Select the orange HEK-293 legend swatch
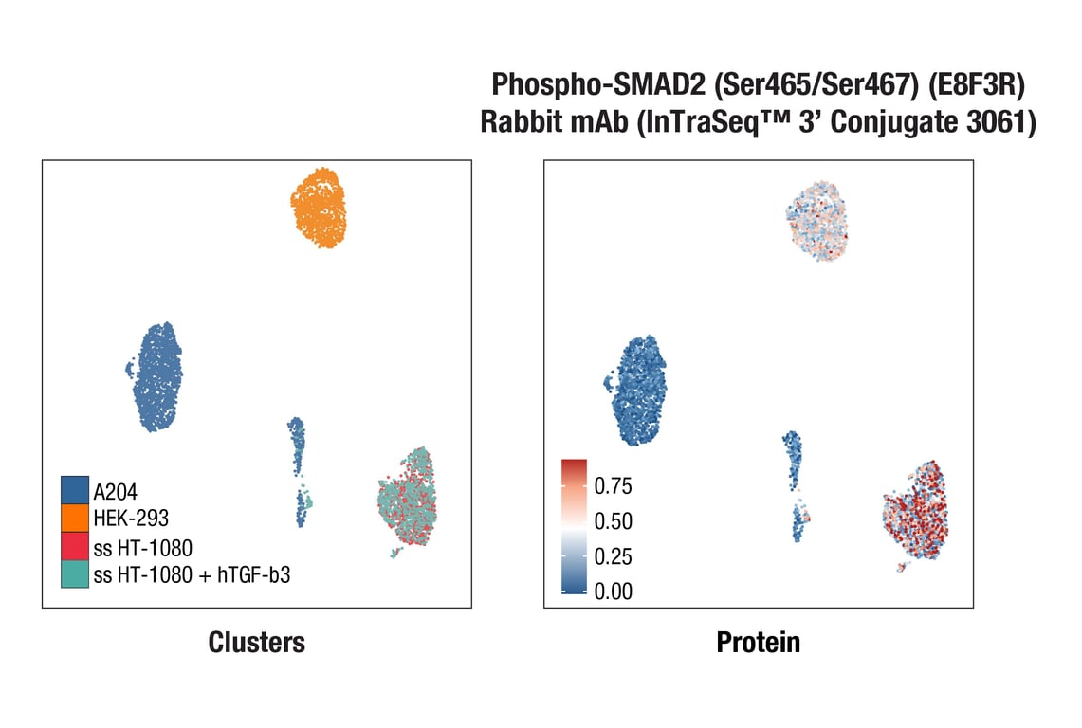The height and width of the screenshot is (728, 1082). click(x=75, y=518)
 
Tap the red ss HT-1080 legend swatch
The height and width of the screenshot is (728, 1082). click(x=75, y=546)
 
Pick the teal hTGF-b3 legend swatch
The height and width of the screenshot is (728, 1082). click(x=75, y=574)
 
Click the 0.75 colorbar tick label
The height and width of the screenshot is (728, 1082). click(x=613, y=486)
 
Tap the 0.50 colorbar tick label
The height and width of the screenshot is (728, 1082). click(x=613, y=521)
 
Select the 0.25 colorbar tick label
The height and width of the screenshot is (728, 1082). click(x=613, y=556)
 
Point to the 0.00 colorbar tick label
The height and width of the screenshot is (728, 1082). click(x=613, y=591)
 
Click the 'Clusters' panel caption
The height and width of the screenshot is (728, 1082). click(x=257, y=643)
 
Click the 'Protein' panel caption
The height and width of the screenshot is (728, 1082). click(x=758, y=643)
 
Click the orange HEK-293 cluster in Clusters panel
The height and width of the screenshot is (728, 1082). click(x=319, y=208)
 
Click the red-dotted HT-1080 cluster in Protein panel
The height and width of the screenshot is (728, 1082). click(x=915, y=512)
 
